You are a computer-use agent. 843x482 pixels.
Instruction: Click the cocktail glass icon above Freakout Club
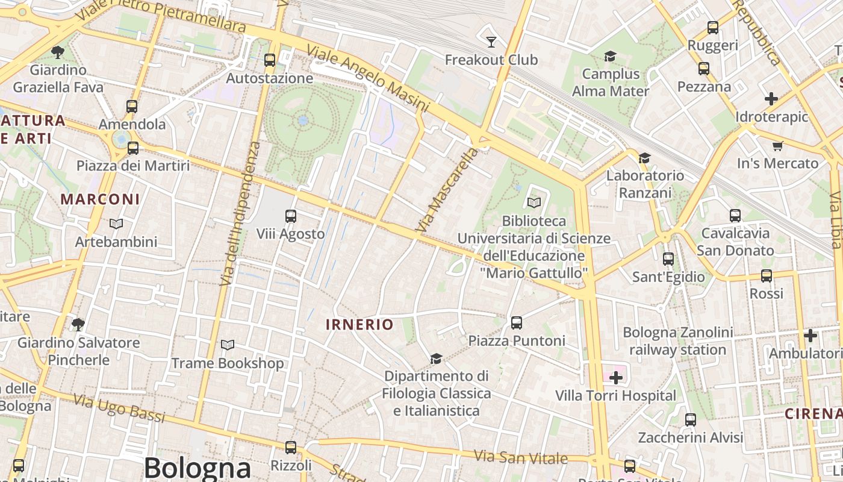point(491,42)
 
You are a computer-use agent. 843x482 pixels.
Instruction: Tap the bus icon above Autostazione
point(270,60)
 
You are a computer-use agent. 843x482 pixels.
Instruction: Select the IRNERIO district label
point(359,325)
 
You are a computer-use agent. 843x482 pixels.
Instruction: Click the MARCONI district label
point(100,199)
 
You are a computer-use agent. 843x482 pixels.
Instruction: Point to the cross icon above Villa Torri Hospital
point(615,378)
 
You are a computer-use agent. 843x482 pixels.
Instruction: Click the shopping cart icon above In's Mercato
point(777,145)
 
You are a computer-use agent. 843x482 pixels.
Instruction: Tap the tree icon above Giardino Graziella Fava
point(58,52)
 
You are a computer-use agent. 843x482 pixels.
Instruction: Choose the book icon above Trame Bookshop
point(227,345)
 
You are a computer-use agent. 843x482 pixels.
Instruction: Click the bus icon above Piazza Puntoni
point(517,322)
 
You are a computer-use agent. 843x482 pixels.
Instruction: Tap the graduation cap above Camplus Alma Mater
point(610,56)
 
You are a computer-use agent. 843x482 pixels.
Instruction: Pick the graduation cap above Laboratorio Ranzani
point(644,158)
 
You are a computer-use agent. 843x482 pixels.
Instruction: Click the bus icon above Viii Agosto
point(291,216)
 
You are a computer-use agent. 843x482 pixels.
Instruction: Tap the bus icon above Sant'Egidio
point(668,259)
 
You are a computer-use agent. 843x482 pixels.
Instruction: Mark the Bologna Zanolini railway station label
point(678,341)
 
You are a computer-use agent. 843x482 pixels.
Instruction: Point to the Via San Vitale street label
point(521,457)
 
